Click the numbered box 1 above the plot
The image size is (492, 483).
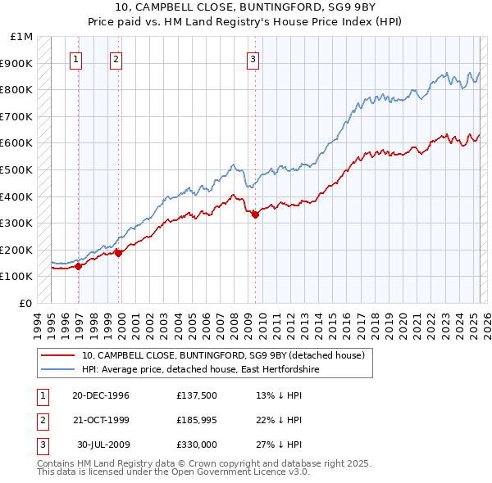(75, 58)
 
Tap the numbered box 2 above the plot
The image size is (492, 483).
(116, 58)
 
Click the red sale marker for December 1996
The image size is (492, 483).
(79, 265)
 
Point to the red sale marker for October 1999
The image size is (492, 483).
(118, 252)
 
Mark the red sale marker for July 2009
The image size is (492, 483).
(255, 214)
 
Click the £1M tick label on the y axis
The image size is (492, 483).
(22, 37)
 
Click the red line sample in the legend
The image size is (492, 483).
(57, 355)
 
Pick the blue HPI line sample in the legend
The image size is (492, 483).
(57, 370)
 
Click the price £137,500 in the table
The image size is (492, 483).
(197, 395)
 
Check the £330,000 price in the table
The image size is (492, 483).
(197, 445)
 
